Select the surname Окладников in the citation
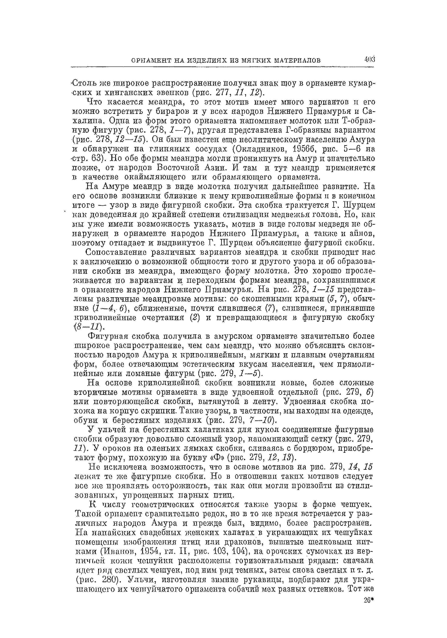pyautogui.click(x=257, y=149)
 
